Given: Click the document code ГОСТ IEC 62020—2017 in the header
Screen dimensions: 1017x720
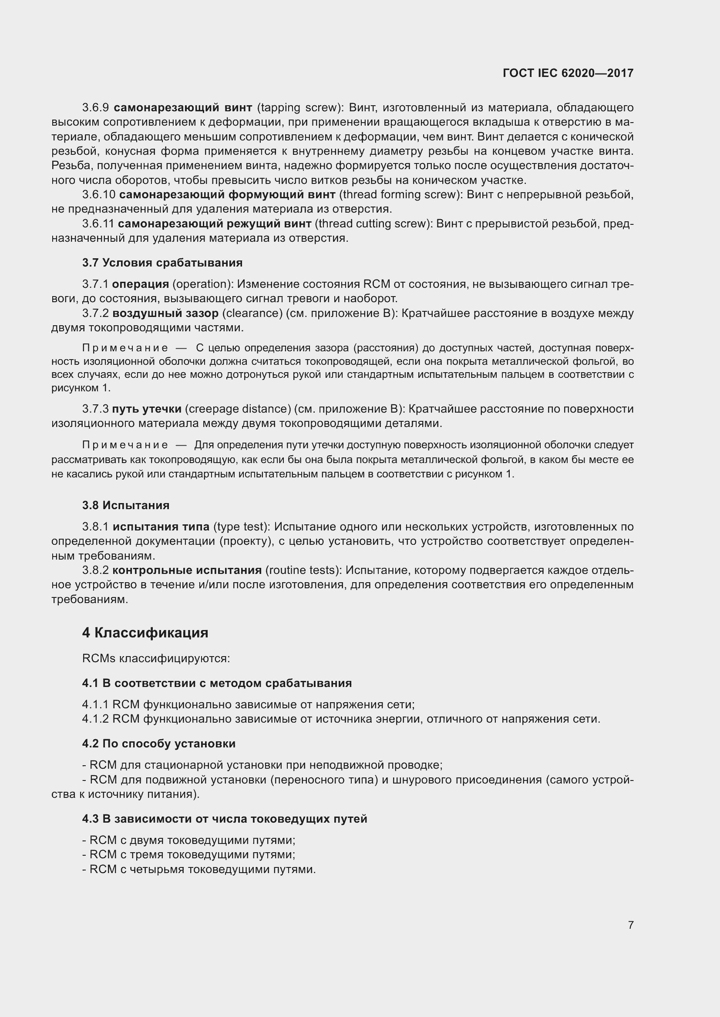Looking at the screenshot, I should pyautogui.click(x=568, y=73).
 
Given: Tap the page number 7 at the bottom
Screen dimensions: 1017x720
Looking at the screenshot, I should pyautogui.click(x=630, y=925).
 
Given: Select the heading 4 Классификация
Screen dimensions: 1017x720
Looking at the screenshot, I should pyautogui.click(x=145, y=633).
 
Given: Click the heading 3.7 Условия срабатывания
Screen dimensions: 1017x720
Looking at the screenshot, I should pyautogui.click(x=162, y=263).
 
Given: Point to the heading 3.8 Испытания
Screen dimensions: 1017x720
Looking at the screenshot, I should pyautogui.click(x=126, y=505).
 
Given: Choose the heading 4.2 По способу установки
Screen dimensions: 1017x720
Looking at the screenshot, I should pyautogui.click(x=159, y=743).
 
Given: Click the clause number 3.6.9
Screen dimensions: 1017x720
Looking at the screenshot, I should pyautogui.click(x=95, y=108).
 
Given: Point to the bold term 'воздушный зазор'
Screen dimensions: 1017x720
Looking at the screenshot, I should pyautogui.click(x=165, y=313).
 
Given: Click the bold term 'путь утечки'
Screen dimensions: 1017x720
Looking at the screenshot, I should pyautogui.click(x=147, y=409).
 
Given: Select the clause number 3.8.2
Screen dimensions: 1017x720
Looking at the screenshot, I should pyautogui.click(x=95, y=570).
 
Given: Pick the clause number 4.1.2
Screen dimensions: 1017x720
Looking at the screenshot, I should pyautogui.click(x=95, y=718).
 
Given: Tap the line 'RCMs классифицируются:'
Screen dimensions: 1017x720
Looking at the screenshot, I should pyautogui.click(x=156, y=658).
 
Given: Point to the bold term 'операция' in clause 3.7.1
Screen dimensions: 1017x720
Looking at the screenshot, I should pyautogui.click(x=141, y=284).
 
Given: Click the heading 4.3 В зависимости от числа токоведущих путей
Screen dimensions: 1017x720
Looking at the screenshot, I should pyautogui.click(x=225, y=819).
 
